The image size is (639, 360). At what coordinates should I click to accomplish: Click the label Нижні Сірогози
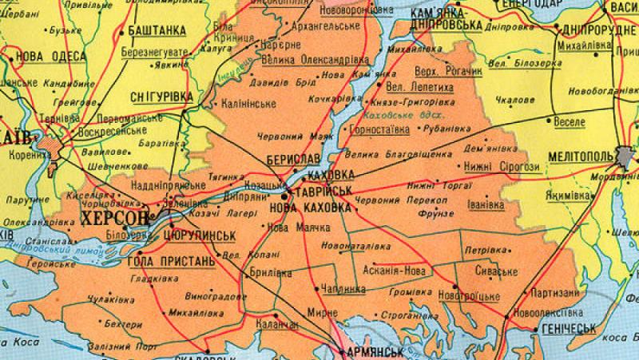tap(501, 166)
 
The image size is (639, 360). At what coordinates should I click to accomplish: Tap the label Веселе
tap(569, 122)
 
